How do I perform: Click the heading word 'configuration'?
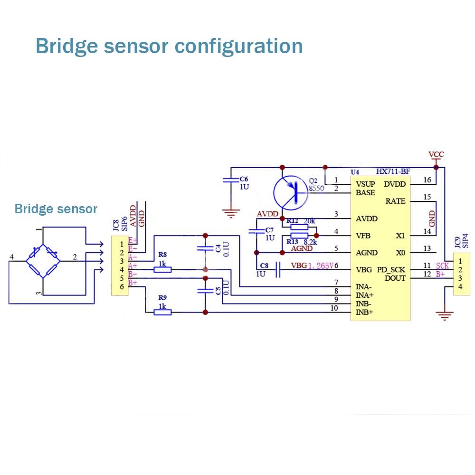point(239,47)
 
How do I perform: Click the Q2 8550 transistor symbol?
point(291,192)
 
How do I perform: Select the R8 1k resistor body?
point(162,270)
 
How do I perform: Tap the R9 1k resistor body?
point(162,312)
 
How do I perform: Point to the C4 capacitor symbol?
point(205,248)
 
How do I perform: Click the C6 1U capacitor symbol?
point(231,180)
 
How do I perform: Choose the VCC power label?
point(436,155)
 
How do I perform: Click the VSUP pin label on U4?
point(366,184)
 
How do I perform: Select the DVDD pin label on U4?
point(395,184)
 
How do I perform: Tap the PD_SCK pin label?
point(391,270)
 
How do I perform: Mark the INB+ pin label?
point(365,313)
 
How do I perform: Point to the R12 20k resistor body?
point(299,227)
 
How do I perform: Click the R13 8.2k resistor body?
point(299,235)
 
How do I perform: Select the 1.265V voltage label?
point(323,266)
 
